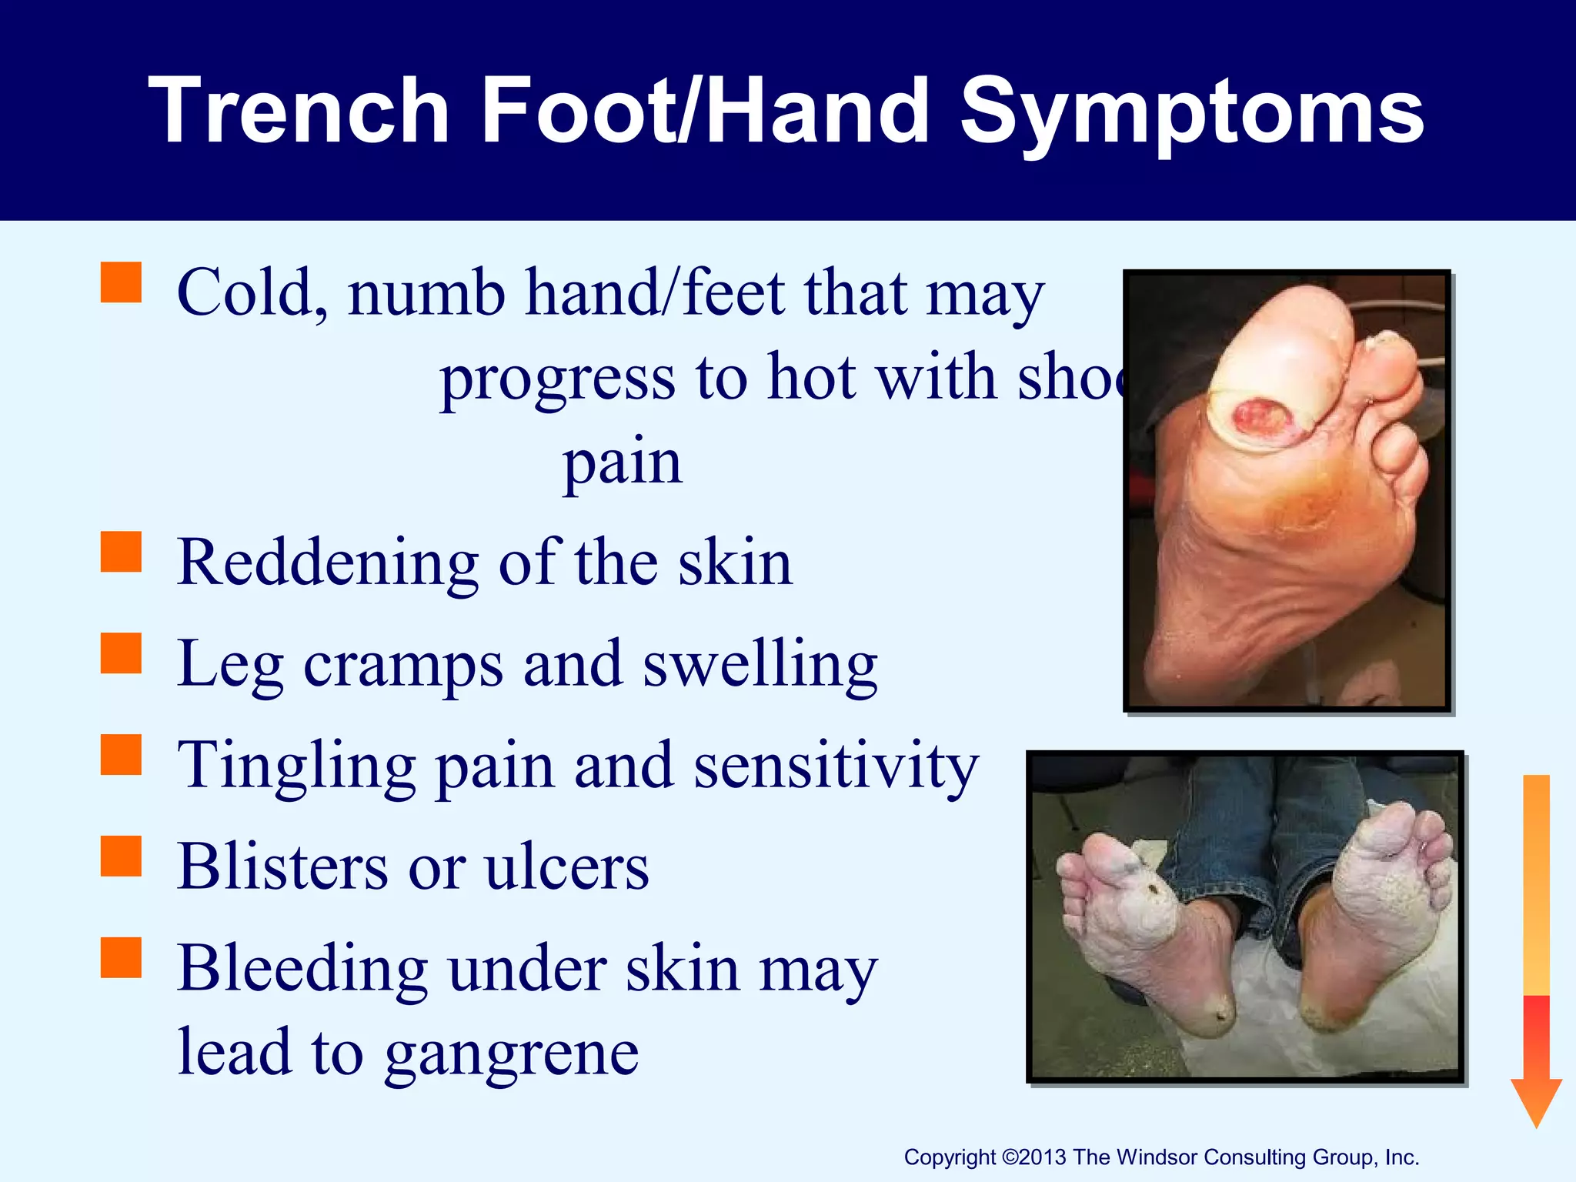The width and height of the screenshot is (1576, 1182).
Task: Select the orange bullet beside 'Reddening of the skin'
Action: pos(122,552)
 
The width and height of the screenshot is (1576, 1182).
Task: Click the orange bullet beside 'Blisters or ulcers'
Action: pos(122,856)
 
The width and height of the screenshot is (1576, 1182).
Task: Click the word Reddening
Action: pos(328,563)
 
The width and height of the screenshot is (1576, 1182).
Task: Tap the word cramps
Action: pos(403,665)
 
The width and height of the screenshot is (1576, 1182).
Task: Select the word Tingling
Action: pos(296,766)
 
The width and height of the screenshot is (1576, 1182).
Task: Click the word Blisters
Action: pos(282,866)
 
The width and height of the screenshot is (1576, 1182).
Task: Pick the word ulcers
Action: pos(566,868)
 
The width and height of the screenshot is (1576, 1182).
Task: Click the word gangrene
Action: pos(512,1054)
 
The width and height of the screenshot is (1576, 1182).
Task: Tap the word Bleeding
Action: pos(302,968)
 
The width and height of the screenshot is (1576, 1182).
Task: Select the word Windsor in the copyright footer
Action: pos(1157,1157)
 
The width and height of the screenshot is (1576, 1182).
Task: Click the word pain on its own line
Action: pos(622,463)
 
